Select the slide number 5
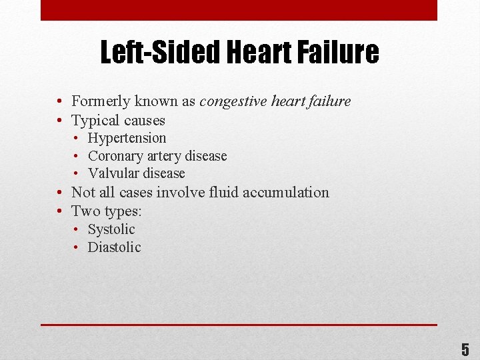pos(465,349)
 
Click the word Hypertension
pos(127,138)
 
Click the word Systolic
pos(111,229)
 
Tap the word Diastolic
pos(115,247)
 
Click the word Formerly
pos(101,101)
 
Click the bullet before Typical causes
pos(60,121)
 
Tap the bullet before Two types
pos(60,212)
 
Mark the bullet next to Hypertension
pos(77,139)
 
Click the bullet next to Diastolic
pos(77,248)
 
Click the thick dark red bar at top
pos(239,10)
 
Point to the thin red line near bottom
pos(239,325)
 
